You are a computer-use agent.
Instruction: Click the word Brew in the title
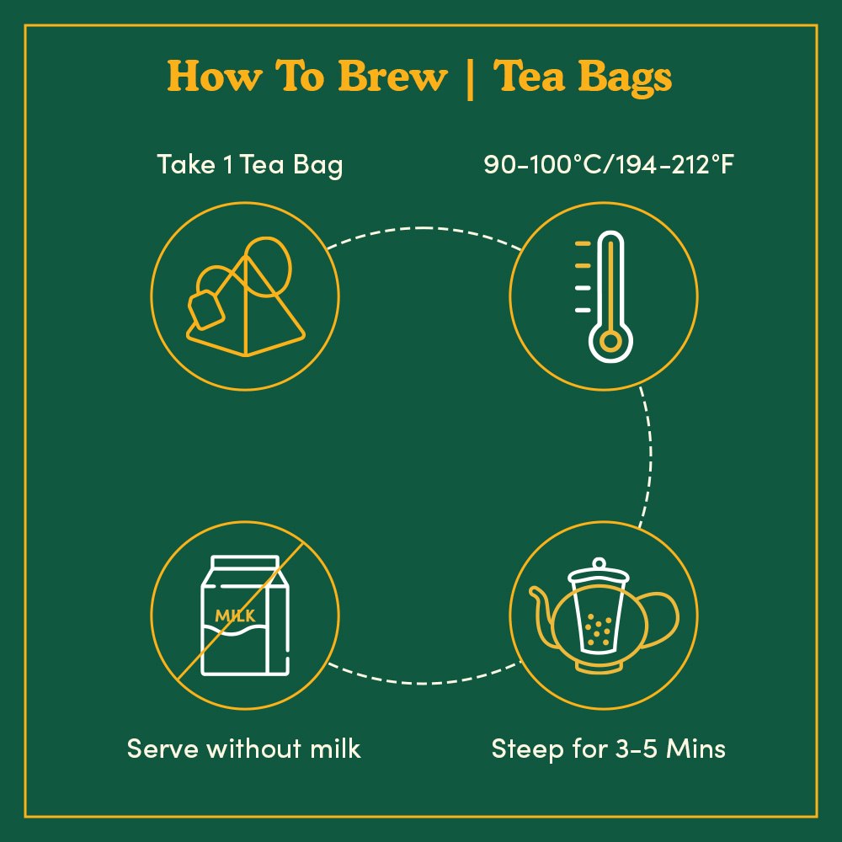[392, 77]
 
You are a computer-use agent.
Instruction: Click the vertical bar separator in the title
[469, 78]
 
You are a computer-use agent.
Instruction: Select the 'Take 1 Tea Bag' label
[249, 165]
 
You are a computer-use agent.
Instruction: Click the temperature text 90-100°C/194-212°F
[608, 165]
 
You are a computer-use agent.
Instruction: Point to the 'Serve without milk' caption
[243, 749]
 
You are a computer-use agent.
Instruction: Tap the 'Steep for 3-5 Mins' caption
[608, 749]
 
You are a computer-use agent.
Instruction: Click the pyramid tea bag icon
[247, 312]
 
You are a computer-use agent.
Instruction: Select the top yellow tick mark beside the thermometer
[583, 244]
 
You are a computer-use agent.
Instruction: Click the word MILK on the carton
[235, 616]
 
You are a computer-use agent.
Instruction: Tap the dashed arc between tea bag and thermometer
[421, 228]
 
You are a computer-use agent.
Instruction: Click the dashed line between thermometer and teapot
[648, 455]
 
